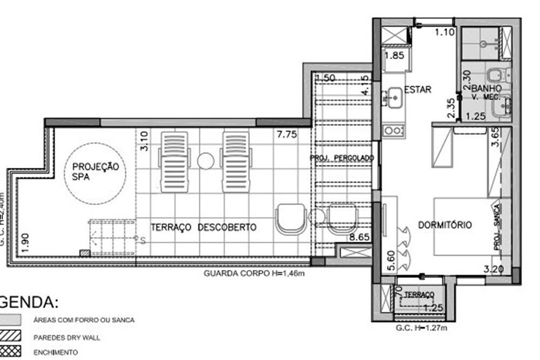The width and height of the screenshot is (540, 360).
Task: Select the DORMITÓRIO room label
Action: [x=445, y=225]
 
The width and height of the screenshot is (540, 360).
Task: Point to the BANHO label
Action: [x=487, y=88]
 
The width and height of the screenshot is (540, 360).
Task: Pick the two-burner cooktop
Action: [x=393, y=130]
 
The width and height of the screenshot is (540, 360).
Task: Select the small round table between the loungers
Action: [x=205, y=160]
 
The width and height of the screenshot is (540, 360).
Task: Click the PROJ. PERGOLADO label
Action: [x=342, y=158]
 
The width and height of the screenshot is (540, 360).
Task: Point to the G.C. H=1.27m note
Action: [x=422, y=328]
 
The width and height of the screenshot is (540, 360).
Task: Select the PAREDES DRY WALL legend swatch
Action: [x=11, y=337]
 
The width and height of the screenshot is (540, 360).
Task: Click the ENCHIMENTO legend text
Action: [x=56, y=352]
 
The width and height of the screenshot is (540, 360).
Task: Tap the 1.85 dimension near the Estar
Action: [x=394, y=55]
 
